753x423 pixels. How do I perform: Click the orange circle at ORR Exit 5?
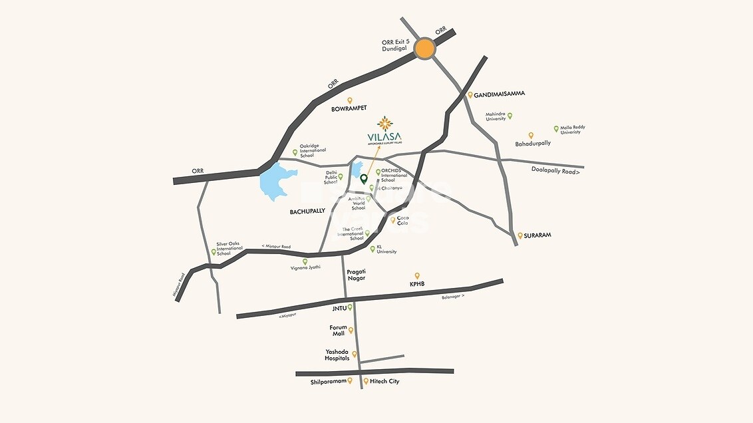pyautogui.click(x=424, y=48)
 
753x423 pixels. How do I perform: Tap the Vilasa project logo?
pyautogui.click(x=384, y=131)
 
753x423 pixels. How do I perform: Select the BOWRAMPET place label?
pyautogui.click(x=349, y=108)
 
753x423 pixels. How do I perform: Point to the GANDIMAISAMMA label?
pyautogui.click(x=500, y=94)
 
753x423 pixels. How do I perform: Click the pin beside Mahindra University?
pyautogui.click(x=510, y=116)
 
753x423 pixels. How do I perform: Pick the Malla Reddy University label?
pyautogui.click(x=573, y=130)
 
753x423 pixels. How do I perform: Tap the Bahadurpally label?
pyautogui.click(x=533, y=143)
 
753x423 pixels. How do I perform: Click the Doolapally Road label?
pyautogui.click(x=555, y=172)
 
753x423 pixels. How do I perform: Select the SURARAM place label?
pyautogui.click(x=538, y=235)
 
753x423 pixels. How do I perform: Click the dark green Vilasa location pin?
pyautogui.click(x=363, y=179)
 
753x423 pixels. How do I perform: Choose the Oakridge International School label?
pyautogui.click(x=313, y=151)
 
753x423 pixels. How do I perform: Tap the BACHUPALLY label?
pyautogui.click(x=307, y=211)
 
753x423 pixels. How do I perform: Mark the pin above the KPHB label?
pyautogui.click(x=417, y=275)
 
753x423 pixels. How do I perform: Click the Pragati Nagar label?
pyautogui.click(x=357, y=275)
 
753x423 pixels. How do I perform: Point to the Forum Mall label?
pyautogui.click(x=339, y=331)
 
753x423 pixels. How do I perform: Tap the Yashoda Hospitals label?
pyautogui.click(x=337, y=355)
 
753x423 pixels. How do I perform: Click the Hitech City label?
pyautogui.click(x=384, y=382)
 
